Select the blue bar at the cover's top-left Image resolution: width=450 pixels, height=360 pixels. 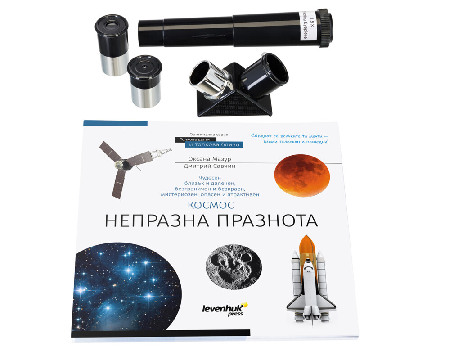[x=115, y=123]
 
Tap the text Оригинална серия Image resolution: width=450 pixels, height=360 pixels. [x=209, y=134]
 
